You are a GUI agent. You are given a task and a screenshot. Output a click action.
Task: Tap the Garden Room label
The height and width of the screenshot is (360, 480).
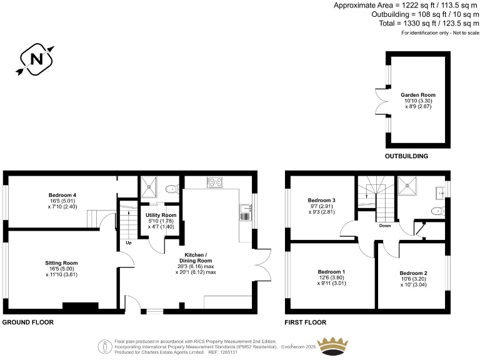pos(417,95)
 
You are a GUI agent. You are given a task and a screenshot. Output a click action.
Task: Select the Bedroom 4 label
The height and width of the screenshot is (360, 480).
pos(62,194)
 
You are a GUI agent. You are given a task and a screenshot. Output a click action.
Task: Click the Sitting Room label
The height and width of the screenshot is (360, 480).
pos(61,263)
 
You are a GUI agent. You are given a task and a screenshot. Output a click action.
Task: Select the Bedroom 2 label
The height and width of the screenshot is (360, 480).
pos(413,274)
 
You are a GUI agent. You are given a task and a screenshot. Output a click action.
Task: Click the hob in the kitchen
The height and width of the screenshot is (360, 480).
pos(214,182)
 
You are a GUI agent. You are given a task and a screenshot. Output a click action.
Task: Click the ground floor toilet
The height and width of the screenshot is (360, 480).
pos(171,188)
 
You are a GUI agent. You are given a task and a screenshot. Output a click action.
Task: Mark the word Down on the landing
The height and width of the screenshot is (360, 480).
pos(384,226)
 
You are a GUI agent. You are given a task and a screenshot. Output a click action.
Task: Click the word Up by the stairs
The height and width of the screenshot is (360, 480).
pos(129,242)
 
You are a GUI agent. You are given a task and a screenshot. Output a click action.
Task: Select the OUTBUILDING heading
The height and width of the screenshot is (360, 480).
pos(406,156)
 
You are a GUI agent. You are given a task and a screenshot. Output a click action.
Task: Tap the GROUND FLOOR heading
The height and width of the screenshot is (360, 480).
pos(27,322)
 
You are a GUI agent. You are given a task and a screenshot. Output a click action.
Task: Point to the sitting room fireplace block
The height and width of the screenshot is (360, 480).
pos(80,306)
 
